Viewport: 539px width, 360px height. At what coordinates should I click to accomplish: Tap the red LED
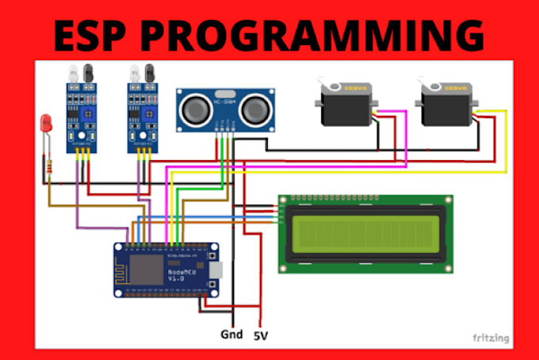[x=44, y=124]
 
